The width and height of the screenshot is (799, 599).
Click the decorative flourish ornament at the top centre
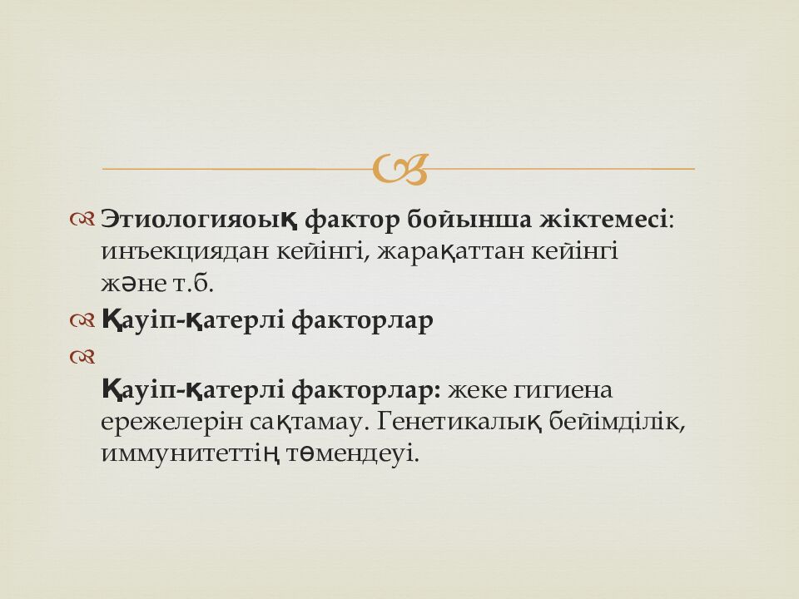click(x=400, y=168)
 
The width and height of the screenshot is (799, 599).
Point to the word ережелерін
click(x=171, y=422)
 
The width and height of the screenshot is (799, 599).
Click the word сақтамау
click(x=308, y=422)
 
